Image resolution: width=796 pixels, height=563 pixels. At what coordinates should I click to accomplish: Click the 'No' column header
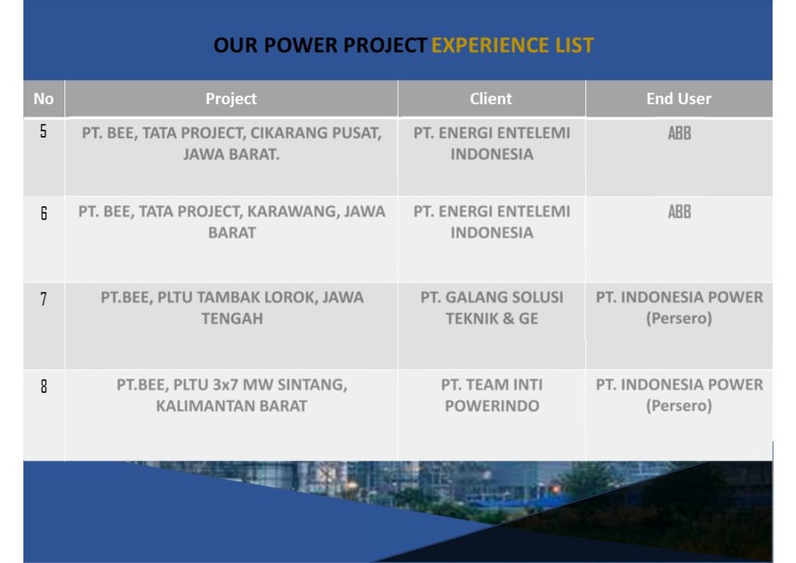coord(44,99)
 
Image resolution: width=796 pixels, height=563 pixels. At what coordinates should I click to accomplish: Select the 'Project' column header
coord(231,99)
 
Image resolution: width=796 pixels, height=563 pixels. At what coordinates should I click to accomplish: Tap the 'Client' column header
coord(491,99)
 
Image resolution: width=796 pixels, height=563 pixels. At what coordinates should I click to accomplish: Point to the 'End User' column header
coord(679,99)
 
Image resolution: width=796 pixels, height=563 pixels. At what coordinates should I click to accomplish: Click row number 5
coord(44,131)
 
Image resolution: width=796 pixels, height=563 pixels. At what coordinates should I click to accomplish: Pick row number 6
coord(44,213)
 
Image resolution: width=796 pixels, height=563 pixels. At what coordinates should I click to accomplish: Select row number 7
coord(44,299)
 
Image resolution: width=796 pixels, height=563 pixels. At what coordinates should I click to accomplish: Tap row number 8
coord(44,386)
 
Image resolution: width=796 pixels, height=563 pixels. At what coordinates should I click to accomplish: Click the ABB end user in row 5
coord(679,133)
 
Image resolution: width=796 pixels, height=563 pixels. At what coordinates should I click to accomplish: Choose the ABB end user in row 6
coord(679,212)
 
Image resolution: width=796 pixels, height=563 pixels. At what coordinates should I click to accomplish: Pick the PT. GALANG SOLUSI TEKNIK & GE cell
coord(492,308)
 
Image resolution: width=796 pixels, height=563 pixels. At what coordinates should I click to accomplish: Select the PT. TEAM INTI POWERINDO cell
coord(492,395)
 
